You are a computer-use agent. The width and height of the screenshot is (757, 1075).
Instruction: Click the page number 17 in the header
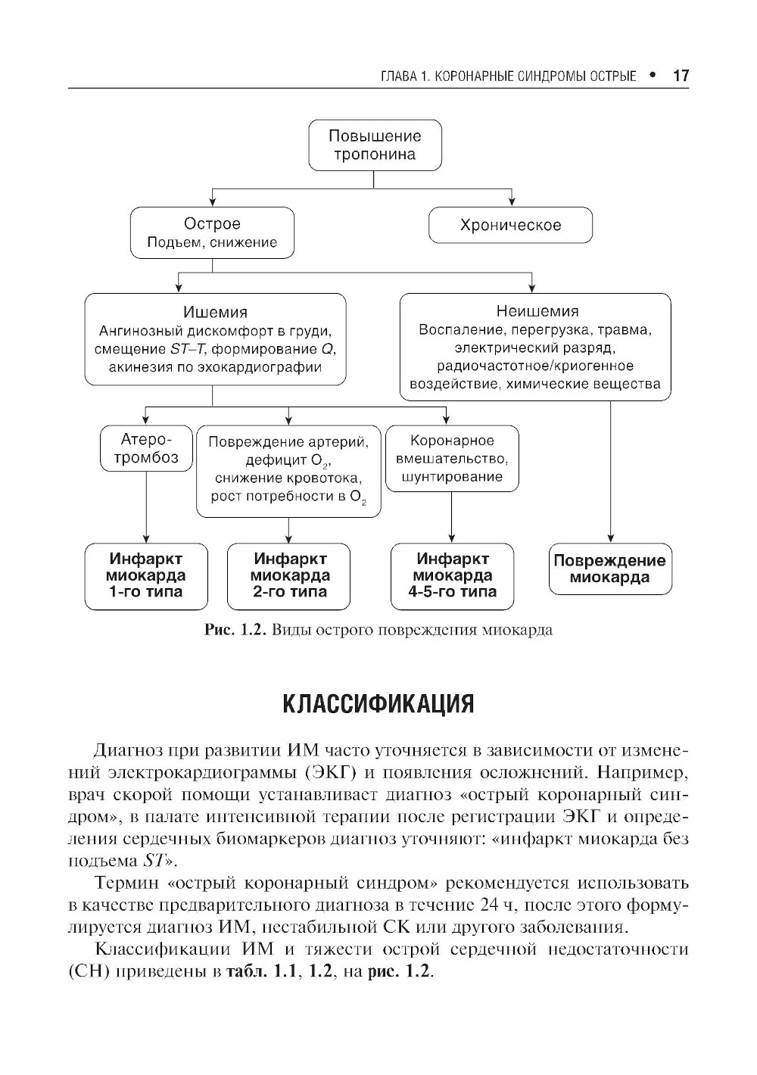pyautogui.click(x=680, y=76)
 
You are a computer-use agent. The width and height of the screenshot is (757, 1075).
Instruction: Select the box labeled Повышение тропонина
pyautogui.click(x=374, y=145)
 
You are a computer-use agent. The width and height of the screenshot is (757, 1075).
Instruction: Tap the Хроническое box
pyautogui.click(x=510, y=226)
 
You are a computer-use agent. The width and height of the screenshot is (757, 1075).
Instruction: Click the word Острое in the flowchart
pyautogui.click(x=212, y=224)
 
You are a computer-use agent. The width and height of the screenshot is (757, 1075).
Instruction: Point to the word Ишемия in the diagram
pyautogui.click(x=215, y=312)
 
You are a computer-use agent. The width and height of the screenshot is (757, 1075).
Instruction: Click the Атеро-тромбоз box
pyautogui.click(x=146, y=449)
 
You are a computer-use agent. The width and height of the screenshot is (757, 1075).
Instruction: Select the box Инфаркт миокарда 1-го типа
pyautogui.click(x=145, y=575)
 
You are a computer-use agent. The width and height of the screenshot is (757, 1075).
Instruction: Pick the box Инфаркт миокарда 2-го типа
pyautogui.click(x=289, y=575)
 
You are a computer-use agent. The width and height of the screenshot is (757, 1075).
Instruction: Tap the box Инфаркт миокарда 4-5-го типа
pyautogui.click(x=452, y=575)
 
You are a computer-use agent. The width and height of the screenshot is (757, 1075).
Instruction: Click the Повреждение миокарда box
pyautogui.click(x=609, y=569)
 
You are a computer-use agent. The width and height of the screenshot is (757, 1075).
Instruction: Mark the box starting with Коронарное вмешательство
pyautogui.click(x=452, y=459)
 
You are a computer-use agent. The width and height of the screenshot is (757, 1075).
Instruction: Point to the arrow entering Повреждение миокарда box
pyautogui.click(x=610, y=534)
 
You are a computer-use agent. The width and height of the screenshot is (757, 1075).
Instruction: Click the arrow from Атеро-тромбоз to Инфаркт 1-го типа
pyautogui.click(x=145, y=507)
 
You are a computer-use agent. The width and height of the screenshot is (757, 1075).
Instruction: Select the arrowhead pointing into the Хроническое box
pyautogui.click(x=512, y=201)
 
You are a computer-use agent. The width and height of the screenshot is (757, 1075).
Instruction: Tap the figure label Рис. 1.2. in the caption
pyautogui.click(x=232, y=630)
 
